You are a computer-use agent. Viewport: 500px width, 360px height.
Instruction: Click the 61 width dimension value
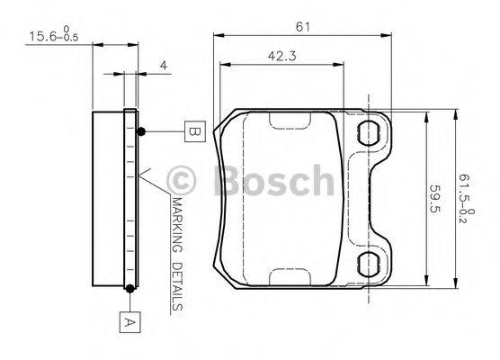point(303,26)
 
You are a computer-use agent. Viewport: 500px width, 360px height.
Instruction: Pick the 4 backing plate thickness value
point(163,66)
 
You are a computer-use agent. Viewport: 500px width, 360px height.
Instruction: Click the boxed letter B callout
point(194,131)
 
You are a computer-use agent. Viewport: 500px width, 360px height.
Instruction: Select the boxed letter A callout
point(129,319)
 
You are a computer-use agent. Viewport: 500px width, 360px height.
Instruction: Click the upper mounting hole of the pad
point(370,135)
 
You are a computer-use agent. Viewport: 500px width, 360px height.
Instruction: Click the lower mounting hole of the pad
point(370,265)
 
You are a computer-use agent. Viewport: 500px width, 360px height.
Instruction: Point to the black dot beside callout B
point(141,132)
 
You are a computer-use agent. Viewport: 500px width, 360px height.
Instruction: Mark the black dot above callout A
point(131,288)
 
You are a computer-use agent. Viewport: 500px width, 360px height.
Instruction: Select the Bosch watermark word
point(273,181)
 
